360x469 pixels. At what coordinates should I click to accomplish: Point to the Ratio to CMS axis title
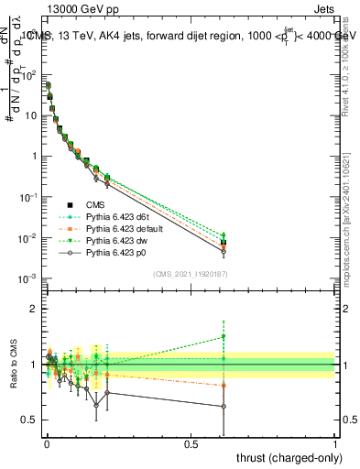coord(12,364)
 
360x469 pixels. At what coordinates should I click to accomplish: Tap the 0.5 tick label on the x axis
coord(191,444)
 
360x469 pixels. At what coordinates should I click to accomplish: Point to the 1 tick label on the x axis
coord(335,444)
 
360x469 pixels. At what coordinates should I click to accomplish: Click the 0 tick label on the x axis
coord(46,444)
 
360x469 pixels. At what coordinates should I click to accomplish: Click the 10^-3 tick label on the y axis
coord(26,278)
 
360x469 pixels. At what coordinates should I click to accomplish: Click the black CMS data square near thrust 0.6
coord(224,244)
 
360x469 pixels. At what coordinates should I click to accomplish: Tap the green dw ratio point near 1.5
coord(224,337)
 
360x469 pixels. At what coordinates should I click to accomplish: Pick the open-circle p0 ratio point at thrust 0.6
coord(224,407)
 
